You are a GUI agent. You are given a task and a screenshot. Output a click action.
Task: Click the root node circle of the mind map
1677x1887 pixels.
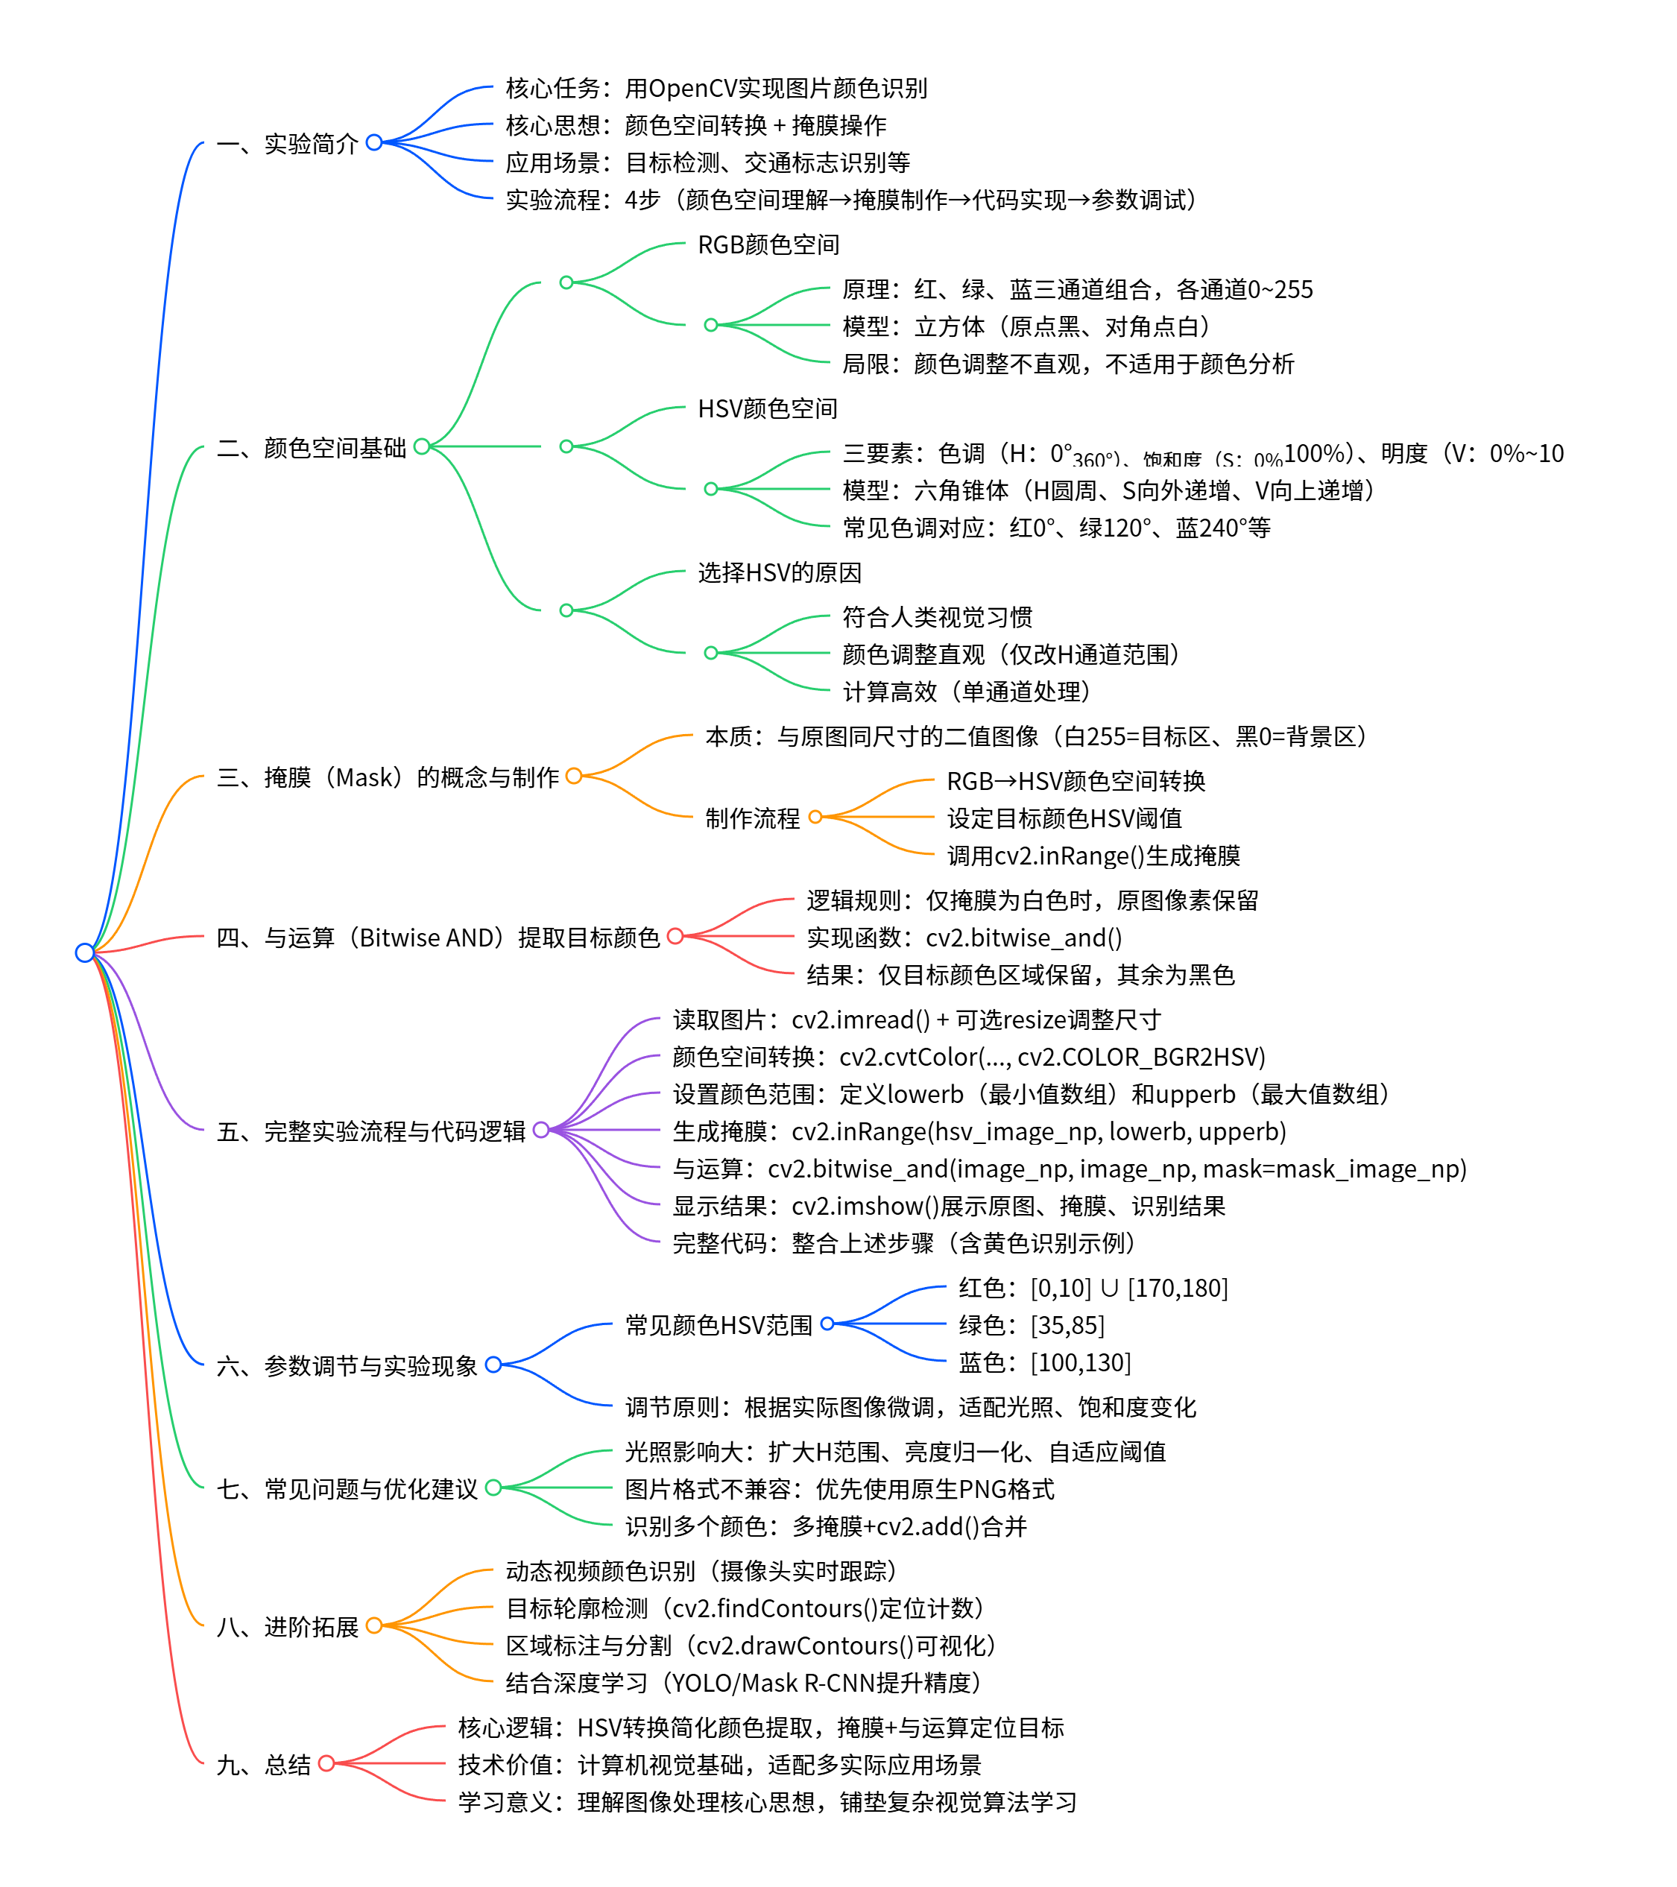(x=85, y=952)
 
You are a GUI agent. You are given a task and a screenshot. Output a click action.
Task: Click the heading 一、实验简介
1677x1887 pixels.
(x=287, y=143)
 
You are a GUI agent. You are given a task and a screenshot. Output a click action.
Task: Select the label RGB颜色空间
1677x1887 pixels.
(x=768, y=244)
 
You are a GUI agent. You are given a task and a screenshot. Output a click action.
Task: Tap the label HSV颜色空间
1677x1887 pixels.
(x=768, y=408)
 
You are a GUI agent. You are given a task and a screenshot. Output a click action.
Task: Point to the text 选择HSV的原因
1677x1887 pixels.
(x=780, y=572)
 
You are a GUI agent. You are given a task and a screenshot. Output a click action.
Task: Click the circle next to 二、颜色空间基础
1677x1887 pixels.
(x=422, y=447)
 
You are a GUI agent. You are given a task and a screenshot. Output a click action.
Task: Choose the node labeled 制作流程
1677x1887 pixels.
(x=752, y=818)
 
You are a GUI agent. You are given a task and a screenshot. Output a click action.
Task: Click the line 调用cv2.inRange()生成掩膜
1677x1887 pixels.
(x=1093, y=856)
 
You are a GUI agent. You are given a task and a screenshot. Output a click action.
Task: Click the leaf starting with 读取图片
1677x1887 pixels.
(x=915, y=1020)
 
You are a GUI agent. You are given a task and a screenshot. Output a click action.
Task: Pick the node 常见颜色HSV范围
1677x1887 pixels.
(x=718, y=1325)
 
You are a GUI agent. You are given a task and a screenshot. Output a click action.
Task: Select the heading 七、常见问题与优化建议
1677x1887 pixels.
(x=347, y=1488)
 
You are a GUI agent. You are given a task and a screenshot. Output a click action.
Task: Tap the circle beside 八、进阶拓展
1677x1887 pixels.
(x=374, y=1625)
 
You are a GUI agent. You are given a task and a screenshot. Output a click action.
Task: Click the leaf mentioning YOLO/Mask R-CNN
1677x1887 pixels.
(x=743, y=1682)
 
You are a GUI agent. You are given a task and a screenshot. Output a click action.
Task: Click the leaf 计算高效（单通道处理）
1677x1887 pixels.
(x=966, y=692)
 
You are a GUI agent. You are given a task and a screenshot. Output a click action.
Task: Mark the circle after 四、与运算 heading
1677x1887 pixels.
(x=675, y=936)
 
